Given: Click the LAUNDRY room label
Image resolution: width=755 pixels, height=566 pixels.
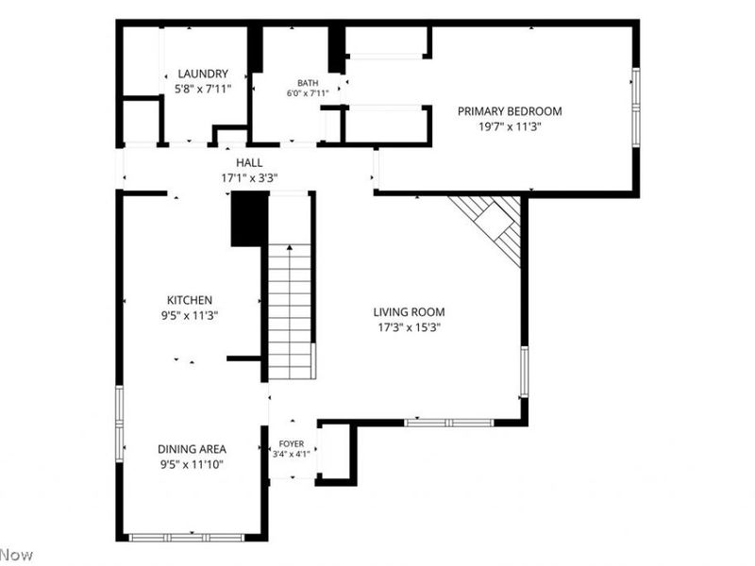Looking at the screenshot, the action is click(203, 74).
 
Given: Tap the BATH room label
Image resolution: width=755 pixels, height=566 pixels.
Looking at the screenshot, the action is click(308, 83).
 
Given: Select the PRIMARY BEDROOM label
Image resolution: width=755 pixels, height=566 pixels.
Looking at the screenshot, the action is click(510, 111).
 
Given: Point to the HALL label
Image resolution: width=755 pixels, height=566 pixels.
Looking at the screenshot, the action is click(249, 162).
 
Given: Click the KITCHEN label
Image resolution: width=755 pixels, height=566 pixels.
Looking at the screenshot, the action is click(190, 300).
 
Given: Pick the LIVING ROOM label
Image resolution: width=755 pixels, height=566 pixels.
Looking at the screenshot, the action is click(409, 312).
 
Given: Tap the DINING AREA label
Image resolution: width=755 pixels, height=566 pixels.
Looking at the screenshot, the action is click(192, 449).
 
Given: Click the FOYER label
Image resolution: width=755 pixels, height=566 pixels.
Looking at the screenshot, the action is click(292, 443).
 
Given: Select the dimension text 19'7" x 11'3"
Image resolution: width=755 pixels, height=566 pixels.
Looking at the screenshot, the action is click(510, 127).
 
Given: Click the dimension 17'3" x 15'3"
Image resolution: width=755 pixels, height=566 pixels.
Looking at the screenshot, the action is click(409, 327).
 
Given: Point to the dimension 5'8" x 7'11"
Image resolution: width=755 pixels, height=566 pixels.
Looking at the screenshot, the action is click(203, 89).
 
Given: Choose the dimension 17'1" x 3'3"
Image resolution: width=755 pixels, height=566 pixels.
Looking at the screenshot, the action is click(249, 178).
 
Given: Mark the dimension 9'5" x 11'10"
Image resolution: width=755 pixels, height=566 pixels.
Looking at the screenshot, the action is click(192, 465).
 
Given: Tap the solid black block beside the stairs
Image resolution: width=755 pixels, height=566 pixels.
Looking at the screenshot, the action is click(249, 219).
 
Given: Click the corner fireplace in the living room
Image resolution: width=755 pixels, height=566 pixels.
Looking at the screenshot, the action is click(491, 225).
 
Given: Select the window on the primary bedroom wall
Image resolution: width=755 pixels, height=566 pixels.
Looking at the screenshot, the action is click(635, 108).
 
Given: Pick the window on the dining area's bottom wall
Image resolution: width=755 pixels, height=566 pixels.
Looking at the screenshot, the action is click(186, 538).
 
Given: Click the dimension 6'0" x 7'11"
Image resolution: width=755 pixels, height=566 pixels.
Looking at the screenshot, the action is click(308, 92).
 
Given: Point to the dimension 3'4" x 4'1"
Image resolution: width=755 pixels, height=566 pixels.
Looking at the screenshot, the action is click(292, 454).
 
